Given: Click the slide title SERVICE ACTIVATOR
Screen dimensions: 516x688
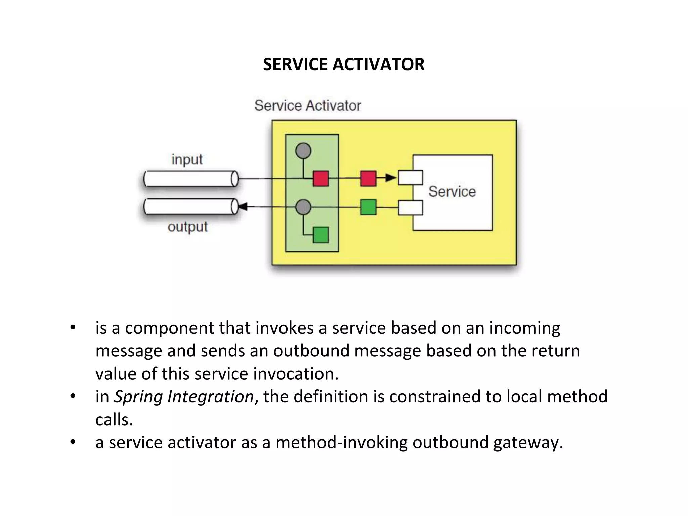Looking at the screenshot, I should pos(343,64).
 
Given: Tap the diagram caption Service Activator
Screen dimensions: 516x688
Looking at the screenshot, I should pos(308,105).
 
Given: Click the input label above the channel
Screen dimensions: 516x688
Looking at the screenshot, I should pos(187,159).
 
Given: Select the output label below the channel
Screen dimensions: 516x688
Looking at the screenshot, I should pos(187,227).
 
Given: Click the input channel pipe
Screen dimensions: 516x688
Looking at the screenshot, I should pos(191,179).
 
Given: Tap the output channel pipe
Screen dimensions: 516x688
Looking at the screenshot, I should pos(191,207).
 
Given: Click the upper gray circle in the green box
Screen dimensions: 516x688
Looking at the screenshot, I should pos(303,150).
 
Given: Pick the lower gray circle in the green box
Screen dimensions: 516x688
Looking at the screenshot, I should pos(303,207).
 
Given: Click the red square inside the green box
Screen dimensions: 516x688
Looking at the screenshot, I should pos(320,178).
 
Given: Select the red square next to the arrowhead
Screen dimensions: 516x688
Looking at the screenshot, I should pos(368,178).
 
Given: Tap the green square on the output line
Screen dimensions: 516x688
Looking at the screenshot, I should pos(368,207).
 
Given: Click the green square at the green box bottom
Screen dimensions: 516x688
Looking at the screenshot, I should pos(320,234).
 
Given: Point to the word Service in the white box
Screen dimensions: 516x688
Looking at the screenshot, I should pos(452,191).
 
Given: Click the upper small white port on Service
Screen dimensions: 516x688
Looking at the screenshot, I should pos(410,178).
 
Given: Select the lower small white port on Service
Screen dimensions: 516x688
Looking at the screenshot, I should pos(410,208).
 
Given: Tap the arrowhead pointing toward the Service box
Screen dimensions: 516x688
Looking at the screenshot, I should pos(390,178).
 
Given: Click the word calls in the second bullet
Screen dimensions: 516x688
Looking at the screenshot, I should pos(114,420).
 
